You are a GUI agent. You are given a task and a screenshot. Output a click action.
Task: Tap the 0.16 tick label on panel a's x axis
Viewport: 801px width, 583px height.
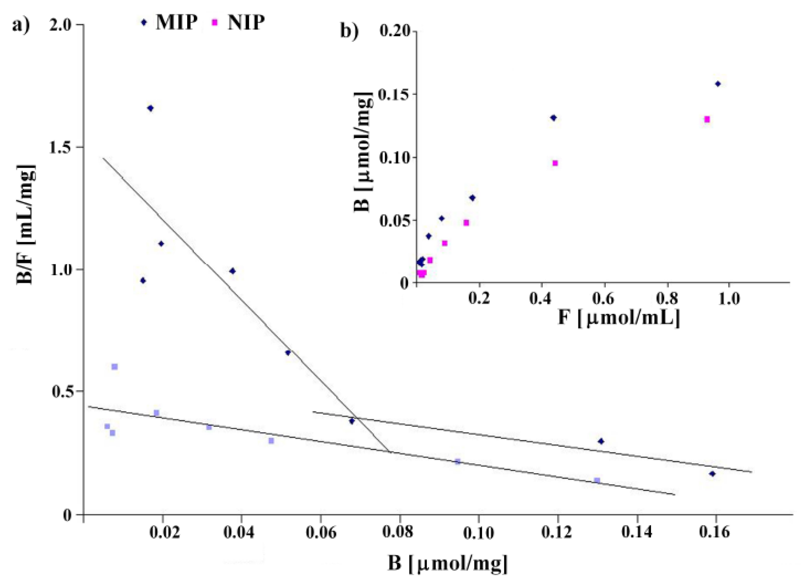click(x=716, y=532)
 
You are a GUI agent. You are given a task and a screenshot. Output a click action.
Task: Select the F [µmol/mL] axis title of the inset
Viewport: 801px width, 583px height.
click(x=618, y=318)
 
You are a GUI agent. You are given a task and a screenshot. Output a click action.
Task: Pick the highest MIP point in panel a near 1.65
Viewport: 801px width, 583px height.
click(x=150, y=108)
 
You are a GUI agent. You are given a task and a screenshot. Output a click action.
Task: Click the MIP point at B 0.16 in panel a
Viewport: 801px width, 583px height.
click(x=713, y=474)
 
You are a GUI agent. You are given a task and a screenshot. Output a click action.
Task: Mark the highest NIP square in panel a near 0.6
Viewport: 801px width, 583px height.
click(x=114, y=366)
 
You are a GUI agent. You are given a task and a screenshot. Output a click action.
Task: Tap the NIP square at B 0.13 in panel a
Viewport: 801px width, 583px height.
click(x=597, y=481)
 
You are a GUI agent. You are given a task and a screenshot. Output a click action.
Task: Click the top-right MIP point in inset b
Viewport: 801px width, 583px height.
click(x=718, y=84)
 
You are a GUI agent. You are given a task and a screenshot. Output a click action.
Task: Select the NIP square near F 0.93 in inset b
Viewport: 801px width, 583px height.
click(x=707, y=120)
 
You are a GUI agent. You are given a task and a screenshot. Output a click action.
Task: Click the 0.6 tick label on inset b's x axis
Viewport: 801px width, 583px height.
click(x=604, y=299)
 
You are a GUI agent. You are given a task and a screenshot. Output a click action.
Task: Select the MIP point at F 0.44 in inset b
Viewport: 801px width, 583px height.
click(x=554, y=118)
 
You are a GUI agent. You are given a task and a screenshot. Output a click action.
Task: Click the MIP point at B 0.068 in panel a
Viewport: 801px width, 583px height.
click(x=352, y=421)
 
